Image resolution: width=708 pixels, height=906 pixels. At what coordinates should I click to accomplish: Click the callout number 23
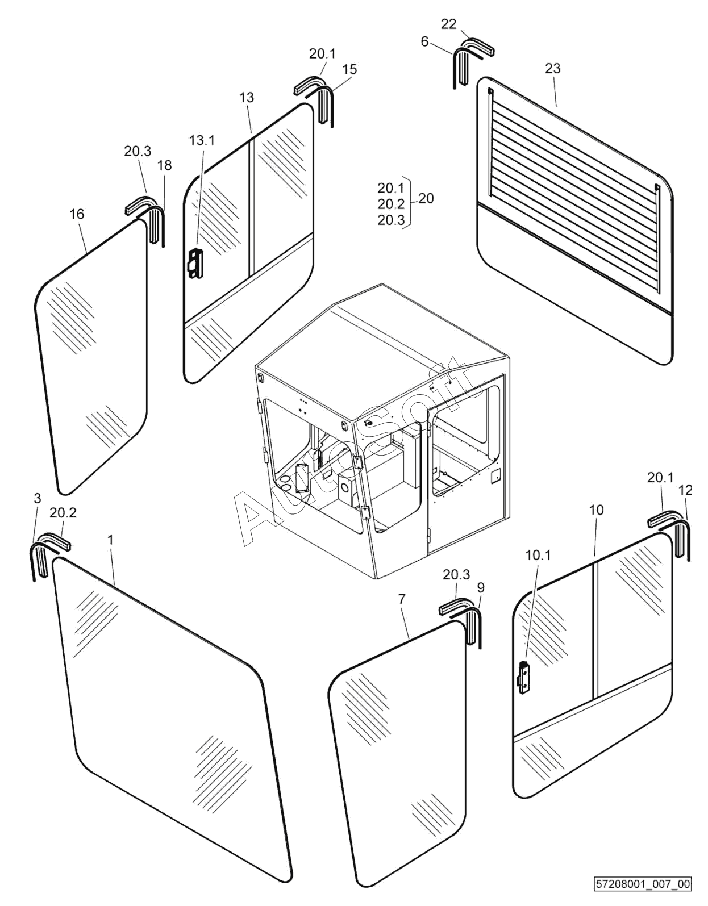(x=553, y=68)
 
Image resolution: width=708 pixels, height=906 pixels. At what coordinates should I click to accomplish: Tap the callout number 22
(x=449, y=24)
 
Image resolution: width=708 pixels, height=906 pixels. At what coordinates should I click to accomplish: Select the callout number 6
(x=424, y=41)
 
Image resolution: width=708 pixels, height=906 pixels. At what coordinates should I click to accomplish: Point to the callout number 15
(x=350, y=69)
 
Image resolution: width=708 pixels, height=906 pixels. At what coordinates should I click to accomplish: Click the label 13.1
(x=202, y=140)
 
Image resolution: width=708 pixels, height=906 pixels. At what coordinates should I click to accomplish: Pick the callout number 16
(x=77, y=214)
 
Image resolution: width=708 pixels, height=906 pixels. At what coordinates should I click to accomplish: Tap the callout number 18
(x=165, y=165)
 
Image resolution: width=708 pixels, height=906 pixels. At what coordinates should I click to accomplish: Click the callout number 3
(x=38, y=498)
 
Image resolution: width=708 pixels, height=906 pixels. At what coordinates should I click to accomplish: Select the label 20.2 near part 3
(x=63, y=513)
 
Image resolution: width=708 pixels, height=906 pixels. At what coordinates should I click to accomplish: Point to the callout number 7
(x=402, y=599)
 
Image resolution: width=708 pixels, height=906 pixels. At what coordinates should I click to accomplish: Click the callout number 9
(x=481, y=588)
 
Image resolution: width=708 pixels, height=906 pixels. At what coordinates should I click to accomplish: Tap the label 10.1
(x=538, y=555)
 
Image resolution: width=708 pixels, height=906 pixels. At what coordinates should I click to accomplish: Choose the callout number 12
(x=685, y=490)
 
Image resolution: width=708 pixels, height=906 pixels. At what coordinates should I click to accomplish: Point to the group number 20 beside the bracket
(x=426, y=198)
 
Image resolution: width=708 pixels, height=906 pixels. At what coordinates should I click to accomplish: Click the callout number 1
(x=110, y=540)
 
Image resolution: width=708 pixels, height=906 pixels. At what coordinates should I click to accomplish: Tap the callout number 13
(x=247, y=98)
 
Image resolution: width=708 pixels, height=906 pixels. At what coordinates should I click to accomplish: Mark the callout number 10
(x=597, y=510)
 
